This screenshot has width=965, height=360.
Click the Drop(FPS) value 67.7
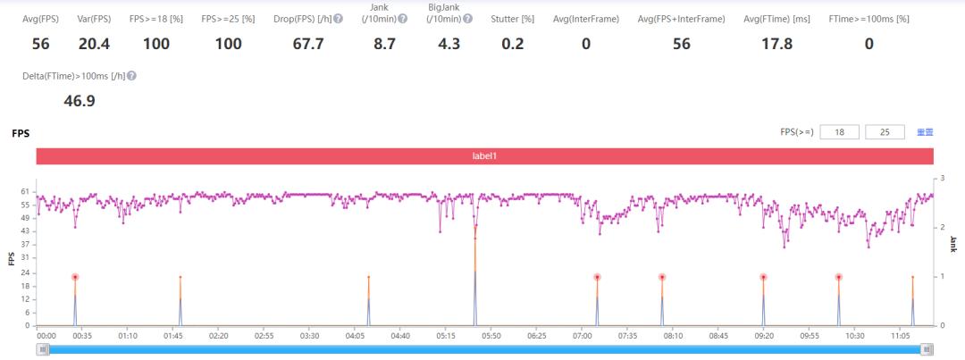click(x=308, y=45)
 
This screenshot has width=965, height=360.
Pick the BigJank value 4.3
click(x=443, y=45)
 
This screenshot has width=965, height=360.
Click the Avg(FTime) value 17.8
click(x=775, y=45)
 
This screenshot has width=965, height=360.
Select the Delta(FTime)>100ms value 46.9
click(x=80, y=101)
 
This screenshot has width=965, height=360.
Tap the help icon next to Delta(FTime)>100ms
click(x=132, y=77)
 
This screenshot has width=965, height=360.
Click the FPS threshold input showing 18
click(x=839, y=132)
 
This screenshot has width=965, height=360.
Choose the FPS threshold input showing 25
click(x=885, y=132)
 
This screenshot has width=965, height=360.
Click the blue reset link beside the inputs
click(x=925, y=132)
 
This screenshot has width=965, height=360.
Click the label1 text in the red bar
click(x=484, y=156)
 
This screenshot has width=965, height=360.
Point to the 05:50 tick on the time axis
click(x=491, y=336)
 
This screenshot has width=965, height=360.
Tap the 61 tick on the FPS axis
click(x=26, y=192)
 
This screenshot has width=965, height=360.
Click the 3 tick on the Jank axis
click(x=943, y=192)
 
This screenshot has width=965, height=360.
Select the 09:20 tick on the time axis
click(x=764, y=336)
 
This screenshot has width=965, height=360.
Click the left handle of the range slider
click(x=43, y=349)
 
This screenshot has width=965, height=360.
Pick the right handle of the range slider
click(x=927, y=349)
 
